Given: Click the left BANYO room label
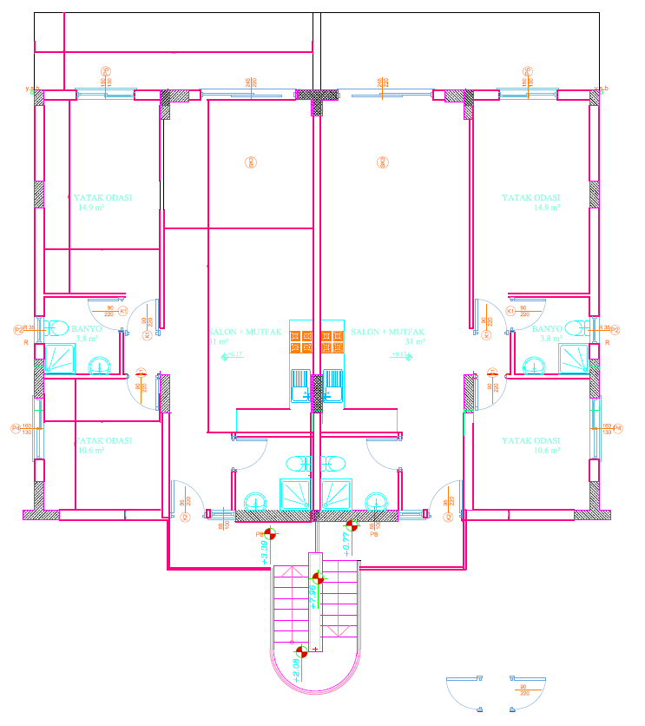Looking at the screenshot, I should pos(87,329).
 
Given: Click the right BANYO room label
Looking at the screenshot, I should pos(548,329).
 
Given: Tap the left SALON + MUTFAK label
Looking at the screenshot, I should pos(245,333).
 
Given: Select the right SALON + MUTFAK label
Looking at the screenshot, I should pos(387,333).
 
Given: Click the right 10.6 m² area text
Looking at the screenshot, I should pos(548,451).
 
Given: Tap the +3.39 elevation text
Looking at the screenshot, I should pos(263,551).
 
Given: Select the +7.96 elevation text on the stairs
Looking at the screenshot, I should pos(312,597).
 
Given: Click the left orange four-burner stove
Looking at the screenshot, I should pos(299,341).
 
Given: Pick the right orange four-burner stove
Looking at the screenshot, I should pos(333,341).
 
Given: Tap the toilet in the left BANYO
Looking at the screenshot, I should pos(60,328).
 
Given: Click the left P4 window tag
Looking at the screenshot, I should pos(15,428).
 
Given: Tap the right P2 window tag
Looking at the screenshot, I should pos(615,330).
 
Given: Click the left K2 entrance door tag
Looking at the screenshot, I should pos(186,518).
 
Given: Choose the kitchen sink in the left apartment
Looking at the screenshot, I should pos(299,383).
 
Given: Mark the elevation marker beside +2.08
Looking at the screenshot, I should pos(301,651).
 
